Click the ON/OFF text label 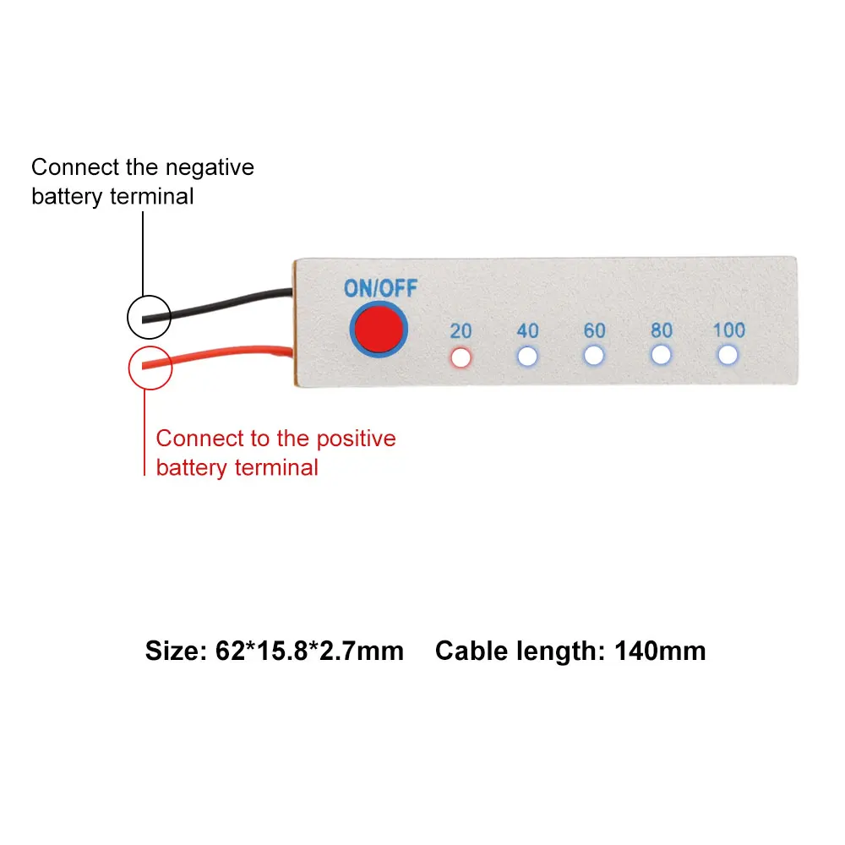(x=380, y=288)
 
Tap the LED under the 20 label (x=461, y=357)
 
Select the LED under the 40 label (x=527, y=357)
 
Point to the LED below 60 (x=594, y=356)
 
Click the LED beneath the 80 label (x=662, y=355)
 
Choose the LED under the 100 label (x=728, y=355)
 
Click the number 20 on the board (x=461, y=331)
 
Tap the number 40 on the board (x=527, y=330)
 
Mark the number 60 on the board (x=594, y=330)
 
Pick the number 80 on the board (x=662, y=330)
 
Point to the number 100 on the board (x=729, y=330)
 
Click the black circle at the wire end (x=150, y=317)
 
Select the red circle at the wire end (x=150, y=368)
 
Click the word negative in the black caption (x=210, y=167)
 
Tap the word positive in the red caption (x=357, y=439)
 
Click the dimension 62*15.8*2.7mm (x=309, y=651)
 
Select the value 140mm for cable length (x=660, y=651)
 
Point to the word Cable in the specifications (x=472, y=651)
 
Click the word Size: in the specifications (x=177, y=651)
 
